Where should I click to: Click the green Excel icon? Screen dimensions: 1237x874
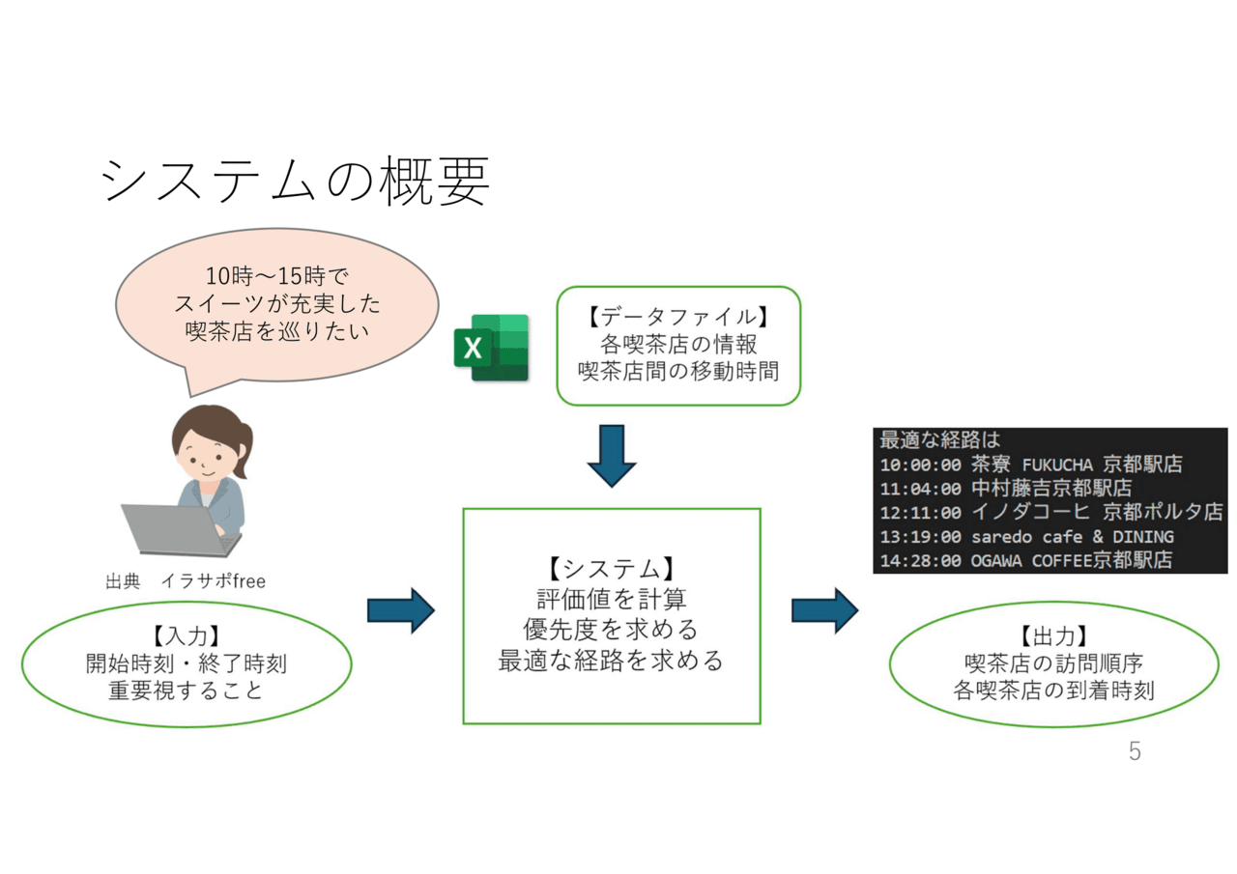(x=491, y=348)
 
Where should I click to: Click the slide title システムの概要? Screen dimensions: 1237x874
(x=296, y=181)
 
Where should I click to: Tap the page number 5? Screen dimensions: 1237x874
(x=1135, y=751)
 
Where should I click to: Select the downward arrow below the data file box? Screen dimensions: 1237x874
(x=612, y=456)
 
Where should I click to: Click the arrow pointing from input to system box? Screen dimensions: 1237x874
(x=401, y=610)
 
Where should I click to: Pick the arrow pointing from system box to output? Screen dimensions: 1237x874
(x=825, y=610)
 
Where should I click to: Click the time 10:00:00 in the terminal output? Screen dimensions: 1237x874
(x=921, y=465)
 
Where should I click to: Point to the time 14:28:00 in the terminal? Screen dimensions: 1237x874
(x=921, y=560)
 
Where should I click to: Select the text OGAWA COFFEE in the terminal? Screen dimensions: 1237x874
(x=1031, y=560)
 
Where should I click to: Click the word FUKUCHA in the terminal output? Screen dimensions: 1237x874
(x=1057, y=465)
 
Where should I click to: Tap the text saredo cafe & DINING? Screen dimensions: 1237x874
(x=1073, y=537)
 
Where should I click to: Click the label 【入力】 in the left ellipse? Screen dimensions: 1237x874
(x=187, y=635)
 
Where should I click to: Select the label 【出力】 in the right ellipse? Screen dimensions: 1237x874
(x=1053, y=635)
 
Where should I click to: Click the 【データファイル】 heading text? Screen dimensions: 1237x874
(x=678, y=317)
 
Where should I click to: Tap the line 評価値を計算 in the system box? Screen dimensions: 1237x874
(x=612, y=599)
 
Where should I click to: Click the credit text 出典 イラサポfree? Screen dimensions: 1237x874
(x=186, y=581)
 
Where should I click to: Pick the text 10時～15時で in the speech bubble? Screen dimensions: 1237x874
(x=277, y=276)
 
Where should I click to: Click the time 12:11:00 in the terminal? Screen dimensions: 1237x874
(x=921, y=513)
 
